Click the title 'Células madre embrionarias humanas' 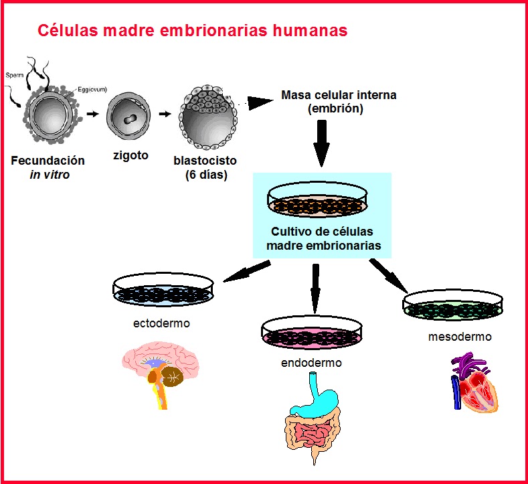(192, 31)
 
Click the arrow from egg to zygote (92, 113)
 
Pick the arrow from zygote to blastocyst (164, 113)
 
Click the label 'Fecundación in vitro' (48, 167)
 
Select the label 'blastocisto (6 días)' (205, 168)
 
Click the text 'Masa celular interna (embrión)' (339, 101)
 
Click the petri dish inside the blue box (321, 199)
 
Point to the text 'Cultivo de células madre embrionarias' (322, 239)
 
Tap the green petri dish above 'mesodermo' (454, 305)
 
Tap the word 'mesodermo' (460, 337)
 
